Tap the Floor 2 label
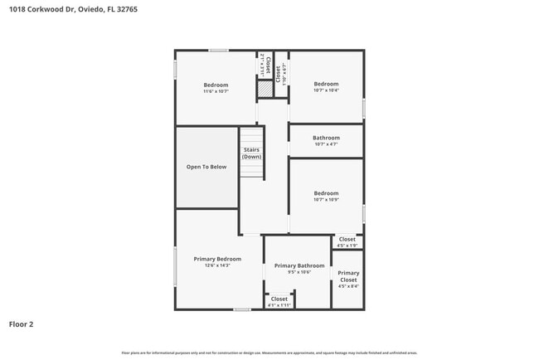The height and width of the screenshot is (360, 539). (x=21, y=324)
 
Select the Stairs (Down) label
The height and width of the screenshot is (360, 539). (x=251, y=153)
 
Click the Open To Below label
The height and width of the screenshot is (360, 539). (x=206, y=167)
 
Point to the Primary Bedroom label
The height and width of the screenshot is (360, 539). (x=217, y=259)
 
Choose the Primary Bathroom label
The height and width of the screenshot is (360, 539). (x=299, y=265)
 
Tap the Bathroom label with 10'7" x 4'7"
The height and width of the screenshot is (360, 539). (x=326, y=138)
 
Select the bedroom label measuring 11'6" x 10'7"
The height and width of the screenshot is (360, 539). (x=216, y=85)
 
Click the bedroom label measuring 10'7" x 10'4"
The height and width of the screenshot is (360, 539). (x=326, y=84)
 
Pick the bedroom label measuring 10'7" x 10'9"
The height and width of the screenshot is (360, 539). (x=326, y=193)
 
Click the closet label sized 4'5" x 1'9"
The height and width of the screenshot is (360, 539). (x=347, y=239)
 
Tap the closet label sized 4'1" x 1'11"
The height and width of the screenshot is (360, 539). (x=279, y=299)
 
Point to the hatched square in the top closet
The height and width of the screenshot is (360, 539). (x=265, y=87)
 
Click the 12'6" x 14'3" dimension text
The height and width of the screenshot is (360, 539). (x=217, y=265)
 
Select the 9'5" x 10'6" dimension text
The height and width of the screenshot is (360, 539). (x=299, y=272)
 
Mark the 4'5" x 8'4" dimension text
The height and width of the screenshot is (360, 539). (x=348, y=286)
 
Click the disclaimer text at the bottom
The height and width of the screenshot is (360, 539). (x=269, y=353)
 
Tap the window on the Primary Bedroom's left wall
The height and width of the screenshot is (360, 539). (x=175, y=266)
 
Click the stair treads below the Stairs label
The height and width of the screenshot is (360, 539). (x=251, y=168)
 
